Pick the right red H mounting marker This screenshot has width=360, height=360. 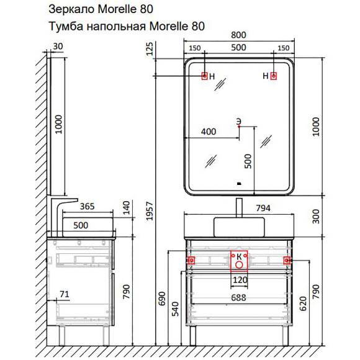[x=274, y=76]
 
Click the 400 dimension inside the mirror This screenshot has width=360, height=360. [x=209, y=132]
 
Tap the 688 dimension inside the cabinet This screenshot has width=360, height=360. [x=239, y=297]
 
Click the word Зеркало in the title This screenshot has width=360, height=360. [x=71, y=10]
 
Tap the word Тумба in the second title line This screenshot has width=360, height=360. [x=65, y=26]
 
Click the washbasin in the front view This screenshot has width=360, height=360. [x=239, y=227]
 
